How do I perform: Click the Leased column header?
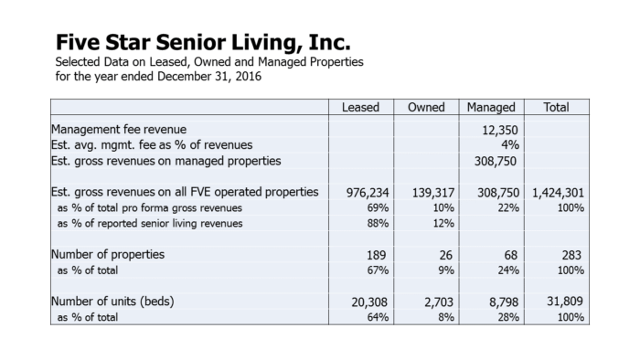click(x=360, y=107)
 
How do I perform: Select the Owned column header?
click(x=426, y=107)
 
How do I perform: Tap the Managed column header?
click(x=491, y=107)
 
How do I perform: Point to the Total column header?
click(x=556, y=107)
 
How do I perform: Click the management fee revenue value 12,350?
click(x=500, y=130)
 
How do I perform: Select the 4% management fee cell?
click(x=510, y=144)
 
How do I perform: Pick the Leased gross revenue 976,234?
click(x=368, y=193)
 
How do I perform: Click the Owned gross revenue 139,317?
click(x=433, y=193)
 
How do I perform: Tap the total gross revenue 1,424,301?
click(x=558, y=193)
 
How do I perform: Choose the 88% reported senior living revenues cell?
click(x=378, y=224)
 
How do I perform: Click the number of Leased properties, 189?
click(x=376, y=255)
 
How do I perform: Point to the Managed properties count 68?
click(x=510, y=255)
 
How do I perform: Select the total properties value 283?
click(x=571, y=255)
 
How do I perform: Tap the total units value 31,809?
click(x=565, y=302)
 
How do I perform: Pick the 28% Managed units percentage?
click(x=508, y=317)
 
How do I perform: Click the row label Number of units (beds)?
click(x=112, y=302)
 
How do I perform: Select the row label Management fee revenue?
click(x=119, y=129)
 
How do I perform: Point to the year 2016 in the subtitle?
click(x=248, y=76)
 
